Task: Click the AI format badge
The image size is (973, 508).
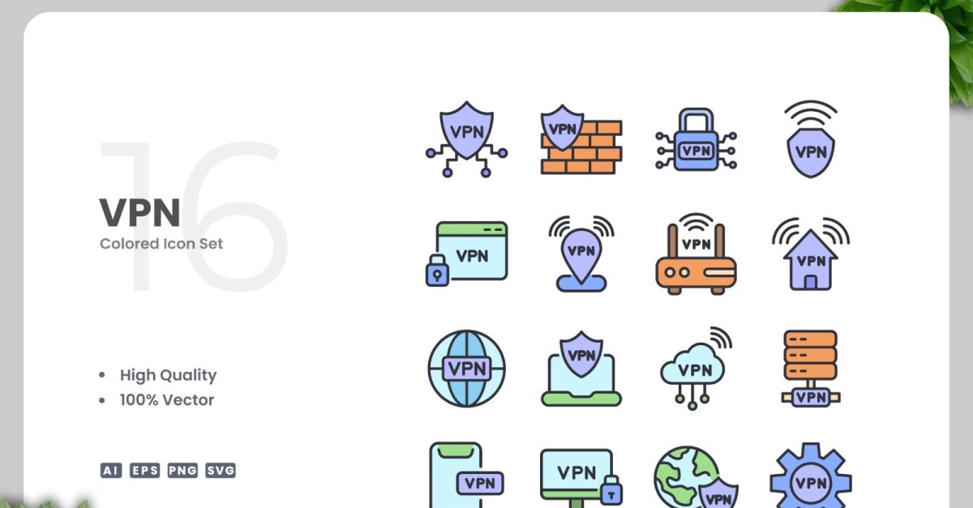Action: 111,470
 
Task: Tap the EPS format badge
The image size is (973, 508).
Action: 144,470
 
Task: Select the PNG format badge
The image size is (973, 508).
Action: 182,470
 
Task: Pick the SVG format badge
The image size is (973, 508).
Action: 221,470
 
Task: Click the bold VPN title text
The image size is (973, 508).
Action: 139,212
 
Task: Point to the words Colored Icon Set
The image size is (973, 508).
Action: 161,244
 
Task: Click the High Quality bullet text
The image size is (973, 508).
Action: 168,375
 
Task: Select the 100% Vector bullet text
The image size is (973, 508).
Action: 167,400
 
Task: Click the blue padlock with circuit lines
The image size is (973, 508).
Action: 696,139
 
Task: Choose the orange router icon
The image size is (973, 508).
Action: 696,254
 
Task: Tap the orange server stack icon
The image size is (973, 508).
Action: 811,368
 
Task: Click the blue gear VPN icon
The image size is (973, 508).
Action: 811,476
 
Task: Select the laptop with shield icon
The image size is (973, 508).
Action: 581,369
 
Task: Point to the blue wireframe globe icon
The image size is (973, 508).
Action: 466,368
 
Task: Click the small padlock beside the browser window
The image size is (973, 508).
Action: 437,271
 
